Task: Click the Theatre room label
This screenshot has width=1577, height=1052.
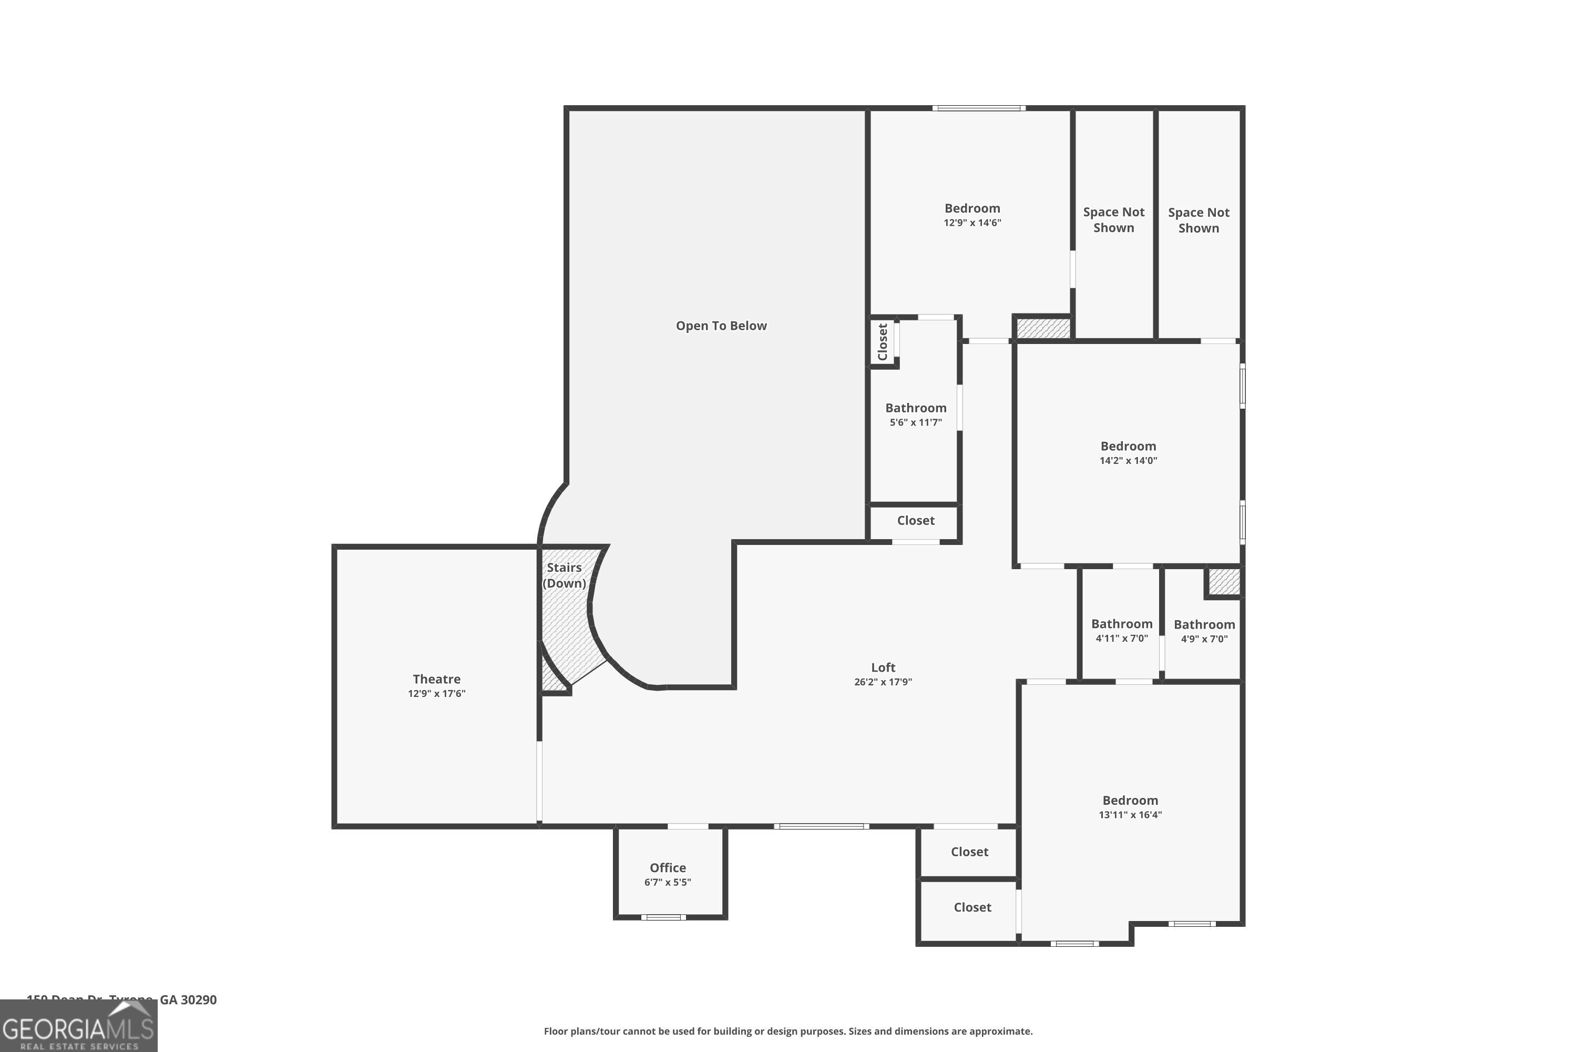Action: pos(436,679)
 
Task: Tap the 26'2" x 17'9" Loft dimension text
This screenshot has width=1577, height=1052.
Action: pos(883,682)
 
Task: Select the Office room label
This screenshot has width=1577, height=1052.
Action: pos(667,867)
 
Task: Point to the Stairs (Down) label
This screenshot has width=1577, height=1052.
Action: pos(564,575)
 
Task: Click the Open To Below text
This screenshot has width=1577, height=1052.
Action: pos(721,326)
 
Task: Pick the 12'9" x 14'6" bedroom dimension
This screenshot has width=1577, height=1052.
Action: pos(972,222)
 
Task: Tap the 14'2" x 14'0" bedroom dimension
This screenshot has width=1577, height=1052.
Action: pos(1128,460)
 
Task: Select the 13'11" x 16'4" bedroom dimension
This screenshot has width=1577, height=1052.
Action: pos(1130,814)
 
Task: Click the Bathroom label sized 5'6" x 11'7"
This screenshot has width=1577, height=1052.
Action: pos(915,408)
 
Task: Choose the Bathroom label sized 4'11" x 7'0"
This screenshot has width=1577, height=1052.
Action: pos(1121,624)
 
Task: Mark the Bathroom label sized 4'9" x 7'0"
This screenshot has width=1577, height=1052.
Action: pos(1204,625)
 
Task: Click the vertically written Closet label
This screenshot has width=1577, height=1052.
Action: pos(883,341)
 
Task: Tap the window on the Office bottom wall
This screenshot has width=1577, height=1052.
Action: pos(662,917)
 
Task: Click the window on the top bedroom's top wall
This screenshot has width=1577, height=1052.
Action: pos(978,108)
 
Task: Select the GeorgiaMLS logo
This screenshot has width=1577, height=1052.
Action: pos(78,1025)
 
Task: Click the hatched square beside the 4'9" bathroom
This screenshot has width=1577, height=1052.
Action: pos(1224,581)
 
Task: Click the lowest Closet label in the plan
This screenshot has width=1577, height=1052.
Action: pos(971,907)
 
